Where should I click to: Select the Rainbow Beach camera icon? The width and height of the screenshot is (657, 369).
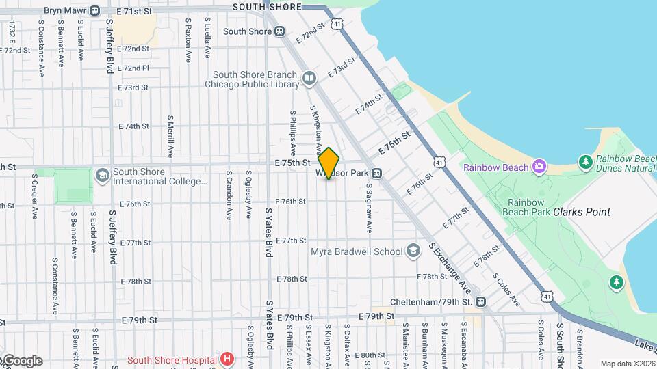[x=539, y=167]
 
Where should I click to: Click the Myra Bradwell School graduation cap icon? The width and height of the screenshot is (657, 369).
[x=413, y=251]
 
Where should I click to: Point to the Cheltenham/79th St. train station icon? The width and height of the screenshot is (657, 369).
[x=481, y=301]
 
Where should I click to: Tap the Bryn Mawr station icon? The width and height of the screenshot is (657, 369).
[x=94, y=11]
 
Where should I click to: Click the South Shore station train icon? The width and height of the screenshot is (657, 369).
[x=279, y=31]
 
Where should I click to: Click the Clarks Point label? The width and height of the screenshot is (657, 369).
[x=582, y=212]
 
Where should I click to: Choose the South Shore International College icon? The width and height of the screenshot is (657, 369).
[x=102, y=176]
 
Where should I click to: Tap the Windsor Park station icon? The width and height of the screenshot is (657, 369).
[x=376, y=174]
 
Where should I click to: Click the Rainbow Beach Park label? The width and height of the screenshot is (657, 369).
[x=534, y=208]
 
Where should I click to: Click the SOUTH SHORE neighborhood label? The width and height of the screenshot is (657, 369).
[x=267, y=7]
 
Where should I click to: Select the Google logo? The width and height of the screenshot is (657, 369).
[x=22, y=360]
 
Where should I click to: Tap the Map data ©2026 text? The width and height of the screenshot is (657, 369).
[x=627, y=364]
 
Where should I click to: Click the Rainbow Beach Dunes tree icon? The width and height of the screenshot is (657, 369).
[x=585, y=162]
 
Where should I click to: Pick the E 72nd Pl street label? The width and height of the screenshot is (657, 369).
[x=133, y=68]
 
